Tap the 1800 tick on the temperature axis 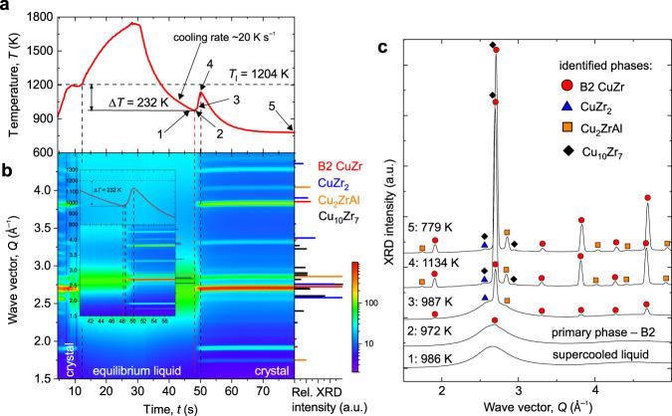pos(47,16)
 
